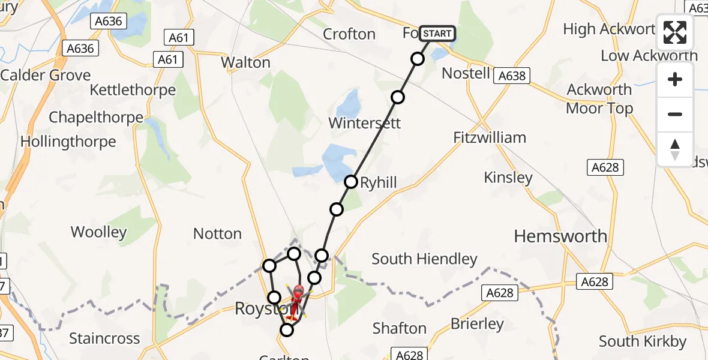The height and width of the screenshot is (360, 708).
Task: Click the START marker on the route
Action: tap(437, 34)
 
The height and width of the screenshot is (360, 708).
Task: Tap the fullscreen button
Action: tap(675, 32)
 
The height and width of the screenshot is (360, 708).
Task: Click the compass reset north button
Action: tap(675, 149)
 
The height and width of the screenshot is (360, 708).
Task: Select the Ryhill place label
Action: tap(379, 183)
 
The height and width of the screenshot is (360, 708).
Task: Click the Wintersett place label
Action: tap(364, 124)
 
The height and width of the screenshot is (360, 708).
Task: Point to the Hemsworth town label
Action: tap(560, 236)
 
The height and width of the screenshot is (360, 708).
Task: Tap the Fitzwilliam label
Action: tap(498, 137)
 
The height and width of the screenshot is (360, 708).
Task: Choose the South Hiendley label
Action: tap(424, 259)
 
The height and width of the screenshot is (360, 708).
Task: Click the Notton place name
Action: tap(217, 234)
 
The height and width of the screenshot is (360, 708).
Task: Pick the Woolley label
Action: tap(99, 232)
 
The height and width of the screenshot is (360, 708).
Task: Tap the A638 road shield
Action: tap(512, 76)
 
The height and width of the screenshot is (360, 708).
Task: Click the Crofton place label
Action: tap(349, 34)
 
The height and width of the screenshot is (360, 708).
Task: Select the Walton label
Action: tap(245, 62)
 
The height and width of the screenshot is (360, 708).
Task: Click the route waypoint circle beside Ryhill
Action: tap(351, 181)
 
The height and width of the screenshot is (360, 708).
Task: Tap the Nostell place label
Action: tap(466, 73)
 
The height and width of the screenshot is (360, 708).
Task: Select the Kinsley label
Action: tap(508, 178)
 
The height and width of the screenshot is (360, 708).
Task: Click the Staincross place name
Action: tap(104, 338)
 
